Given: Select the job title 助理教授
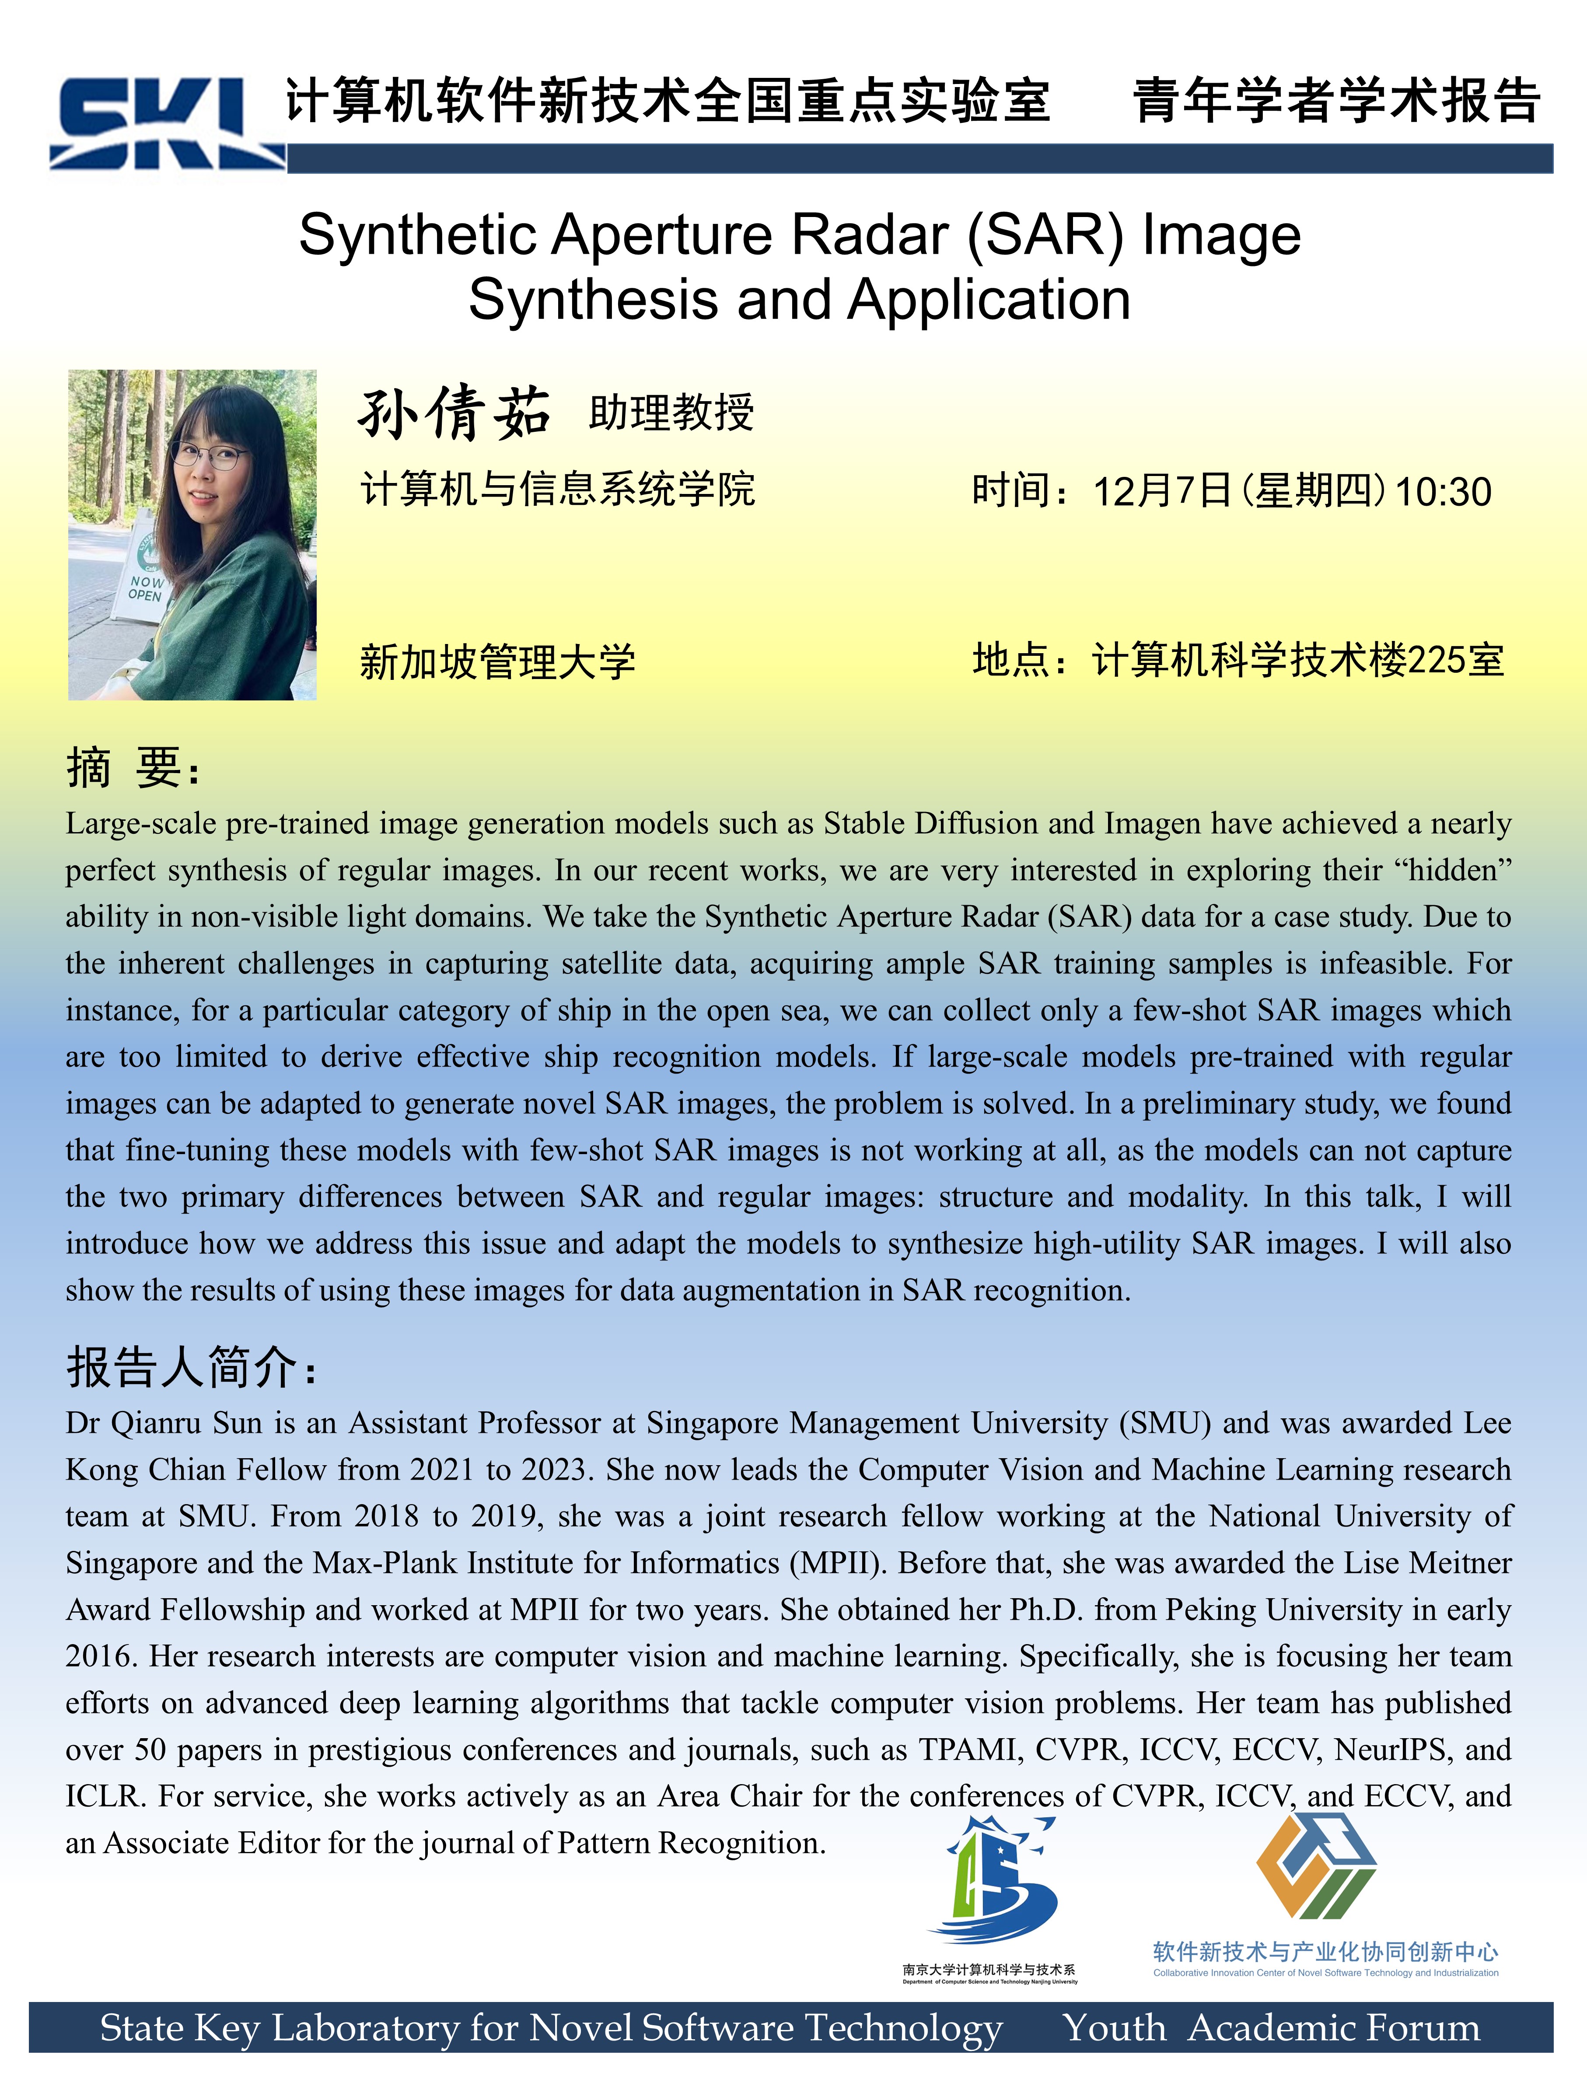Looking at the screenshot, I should [671, 413].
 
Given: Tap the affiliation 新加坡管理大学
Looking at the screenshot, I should [497, 661].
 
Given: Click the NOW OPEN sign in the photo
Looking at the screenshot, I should [145, 588].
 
